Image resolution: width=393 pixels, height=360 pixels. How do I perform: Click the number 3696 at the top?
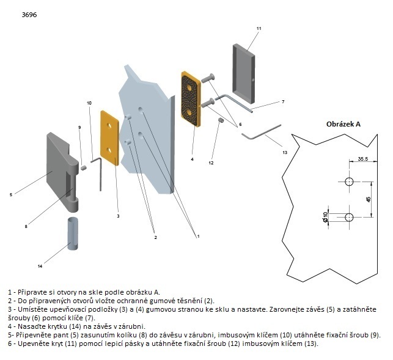29,14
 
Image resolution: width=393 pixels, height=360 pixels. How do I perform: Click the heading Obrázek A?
343,123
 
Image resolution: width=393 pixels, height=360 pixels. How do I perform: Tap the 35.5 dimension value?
363,159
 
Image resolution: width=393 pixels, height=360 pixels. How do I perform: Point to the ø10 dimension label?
326,216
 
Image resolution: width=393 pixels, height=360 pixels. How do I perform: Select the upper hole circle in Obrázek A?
349,182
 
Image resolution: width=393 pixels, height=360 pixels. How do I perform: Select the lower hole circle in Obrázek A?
349,217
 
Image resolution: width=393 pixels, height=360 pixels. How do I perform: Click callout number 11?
259,29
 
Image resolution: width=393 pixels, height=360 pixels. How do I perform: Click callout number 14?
40,266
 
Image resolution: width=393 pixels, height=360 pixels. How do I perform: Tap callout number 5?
11,194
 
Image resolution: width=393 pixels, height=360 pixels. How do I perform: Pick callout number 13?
284,152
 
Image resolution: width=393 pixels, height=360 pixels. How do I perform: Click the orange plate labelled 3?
111,138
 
